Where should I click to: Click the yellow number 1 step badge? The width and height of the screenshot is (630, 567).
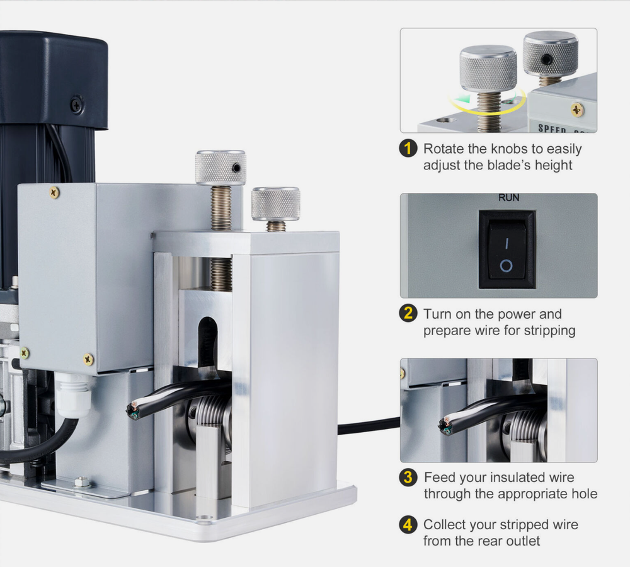408,149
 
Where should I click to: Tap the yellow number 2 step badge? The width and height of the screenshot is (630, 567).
408,314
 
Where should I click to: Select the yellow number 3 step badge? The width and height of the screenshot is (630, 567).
408,478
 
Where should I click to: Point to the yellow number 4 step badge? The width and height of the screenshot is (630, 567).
408,525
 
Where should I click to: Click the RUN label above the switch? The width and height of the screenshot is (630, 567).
508,198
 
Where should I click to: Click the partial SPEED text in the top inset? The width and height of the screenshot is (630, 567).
552,129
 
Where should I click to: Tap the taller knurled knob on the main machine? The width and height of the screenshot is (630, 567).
220,168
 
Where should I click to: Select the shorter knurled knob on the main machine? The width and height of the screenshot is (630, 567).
276,203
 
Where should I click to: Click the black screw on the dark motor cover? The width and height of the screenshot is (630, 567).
76,105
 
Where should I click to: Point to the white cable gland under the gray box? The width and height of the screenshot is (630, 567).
72,395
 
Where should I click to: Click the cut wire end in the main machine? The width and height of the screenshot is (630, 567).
134,410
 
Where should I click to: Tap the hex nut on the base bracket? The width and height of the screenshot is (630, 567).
82,481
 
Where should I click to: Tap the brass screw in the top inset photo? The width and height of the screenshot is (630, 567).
577,110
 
